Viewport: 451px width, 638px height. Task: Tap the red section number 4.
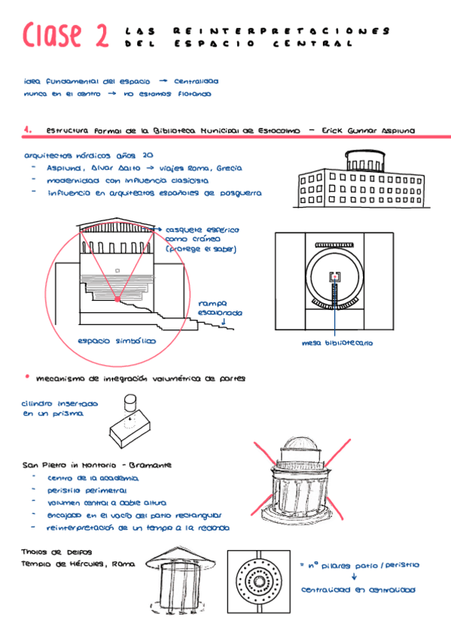point(27,129)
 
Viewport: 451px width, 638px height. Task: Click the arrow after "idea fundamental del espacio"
point(162,81)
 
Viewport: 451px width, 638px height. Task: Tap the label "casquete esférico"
point(201,229)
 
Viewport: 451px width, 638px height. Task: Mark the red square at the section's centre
point(117,299)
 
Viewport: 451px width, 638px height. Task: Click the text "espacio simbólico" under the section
point(117,341)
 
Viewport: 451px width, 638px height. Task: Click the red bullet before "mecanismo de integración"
point(27,375)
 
